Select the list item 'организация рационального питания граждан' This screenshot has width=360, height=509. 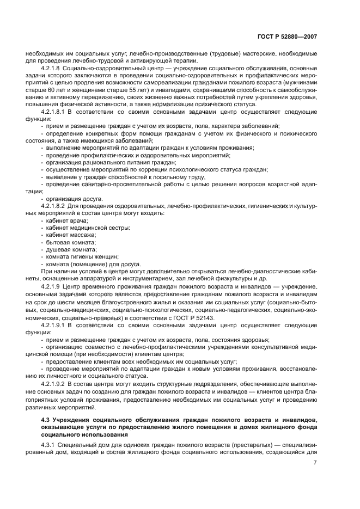tap(111, 162)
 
